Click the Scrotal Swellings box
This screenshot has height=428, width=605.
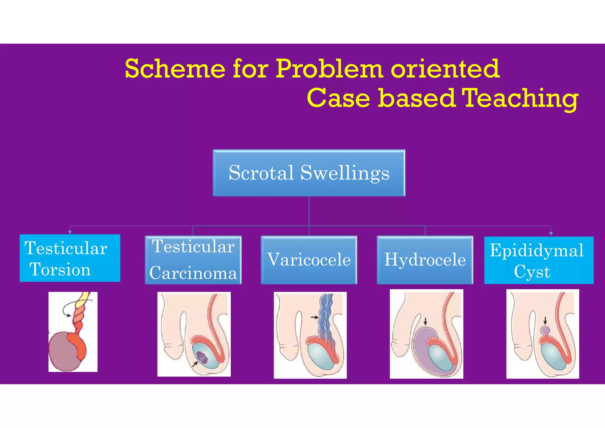coord(309,173)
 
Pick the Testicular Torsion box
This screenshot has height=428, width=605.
coord(70,258)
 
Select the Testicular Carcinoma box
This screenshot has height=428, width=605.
coord(193,260)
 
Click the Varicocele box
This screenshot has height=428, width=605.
coord(309,260)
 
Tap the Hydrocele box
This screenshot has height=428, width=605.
coord(425,260)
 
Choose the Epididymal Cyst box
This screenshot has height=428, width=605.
coord(539,260)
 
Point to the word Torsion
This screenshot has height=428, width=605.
coord(60,269)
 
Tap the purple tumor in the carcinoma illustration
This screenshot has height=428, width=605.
coord(202,357)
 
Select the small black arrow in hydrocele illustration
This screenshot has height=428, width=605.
coord(425,322)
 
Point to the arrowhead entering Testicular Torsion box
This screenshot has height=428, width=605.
coord(70,233)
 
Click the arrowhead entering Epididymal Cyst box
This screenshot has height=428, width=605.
coord(551,234)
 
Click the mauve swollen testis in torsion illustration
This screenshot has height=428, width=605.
coord(62,352)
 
